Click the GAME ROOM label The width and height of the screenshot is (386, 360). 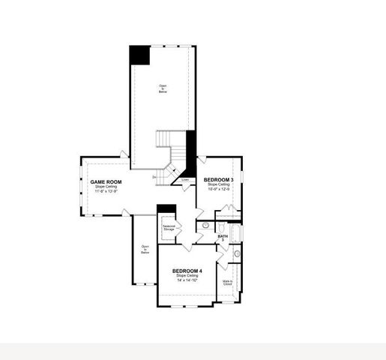[106, 181]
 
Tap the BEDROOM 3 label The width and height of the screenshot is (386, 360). [219, 180]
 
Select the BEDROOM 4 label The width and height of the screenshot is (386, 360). [187, 271]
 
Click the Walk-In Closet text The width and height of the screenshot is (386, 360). [227, 283]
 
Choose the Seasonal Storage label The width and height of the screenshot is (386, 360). [169, 228]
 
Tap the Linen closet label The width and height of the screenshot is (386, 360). [185, 180]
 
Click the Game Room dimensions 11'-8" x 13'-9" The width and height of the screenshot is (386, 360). [106, 191]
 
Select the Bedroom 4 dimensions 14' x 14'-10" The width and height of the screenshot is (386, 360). [187, 280]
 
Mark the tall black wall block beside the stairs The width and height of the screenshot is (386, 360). [190, 153]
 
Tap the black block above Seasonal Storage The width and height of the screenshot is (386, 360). [166, 208]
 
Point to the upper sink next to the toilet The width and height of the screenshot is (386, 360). [205, 224]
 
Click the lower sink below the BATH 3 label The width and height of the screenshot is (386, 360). [237, 254]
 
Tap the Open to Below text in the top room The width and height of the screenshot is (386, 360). [163, 88]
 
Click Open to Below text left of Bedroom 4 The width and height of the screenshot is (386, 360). [145, 249]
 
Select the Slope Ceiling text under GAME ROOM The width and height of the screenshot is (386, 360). [106, 187]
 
